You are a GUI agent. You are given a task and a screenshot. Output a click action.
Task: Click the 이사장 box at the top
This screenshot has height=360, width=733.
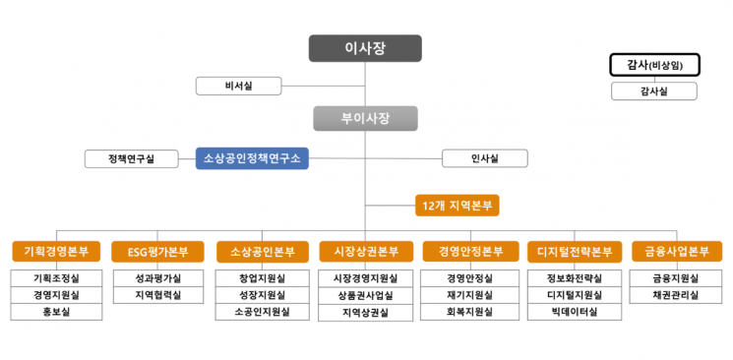[365, 48]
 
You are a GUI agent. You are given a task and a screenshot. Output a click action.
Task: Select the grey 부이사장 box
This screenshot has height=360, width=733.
[365, 119]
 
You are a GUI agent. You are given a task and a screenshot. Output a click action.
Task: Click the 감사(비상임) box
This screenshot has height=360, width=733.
[654, 65]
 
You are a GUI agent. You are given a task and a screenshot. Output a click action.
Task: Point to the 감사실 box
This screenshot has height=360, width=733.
[654, 91]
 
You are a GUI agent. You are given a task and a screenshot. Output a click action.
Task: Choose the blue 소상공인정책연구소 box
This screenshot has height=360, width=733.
[253, 157]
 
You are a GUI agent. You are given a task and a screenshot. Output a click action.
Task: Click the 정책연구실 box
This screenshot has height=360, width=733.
[131, 157]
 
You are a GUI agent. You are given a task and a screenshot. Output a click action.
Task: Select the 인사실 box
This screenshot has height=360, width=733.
[485, 157]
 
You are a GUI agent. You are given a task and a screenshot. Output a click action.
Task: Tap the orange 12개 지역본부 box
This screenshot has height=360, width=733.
[457, 206]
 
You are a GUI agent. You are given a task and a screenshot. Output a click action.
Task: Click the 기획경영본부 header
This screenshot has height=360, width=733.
[56, 252]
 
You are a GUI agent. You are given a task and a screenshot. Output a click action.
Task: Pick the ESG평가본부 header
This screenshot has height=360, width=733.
[157, 252]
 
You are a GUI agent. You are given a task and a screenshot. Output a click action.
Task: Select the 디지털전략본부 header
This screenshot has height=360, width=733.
[574, 252]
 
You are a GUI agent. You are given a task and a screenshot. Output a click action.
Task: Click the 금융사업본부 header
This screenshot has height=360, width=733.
[676, 252]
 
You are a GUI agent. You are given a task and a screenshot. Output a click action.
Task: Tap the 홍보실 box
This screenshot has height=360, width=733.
[56, 312]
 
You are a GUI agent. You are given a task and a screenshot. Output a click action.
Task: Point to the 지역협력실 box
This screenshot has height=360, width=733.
[157, 295]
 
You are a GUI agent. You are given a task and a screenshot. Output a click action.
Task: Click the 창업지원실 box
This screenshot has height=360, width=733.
[262, 278]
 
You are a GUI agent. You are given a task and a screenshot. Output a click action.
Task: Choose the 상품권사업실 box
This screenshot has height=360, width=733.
[365, 295]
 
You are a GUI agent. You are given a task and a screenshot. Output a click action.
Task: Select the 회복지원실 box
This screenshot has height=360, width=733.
[469, 312]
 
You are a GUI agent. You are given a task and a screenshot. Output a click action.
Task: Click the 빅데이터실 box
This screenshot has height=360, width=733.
[574, 312]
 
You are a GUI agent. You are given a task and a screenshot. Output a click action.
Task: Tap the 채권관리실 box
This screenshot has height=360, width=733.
[676, 295]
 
